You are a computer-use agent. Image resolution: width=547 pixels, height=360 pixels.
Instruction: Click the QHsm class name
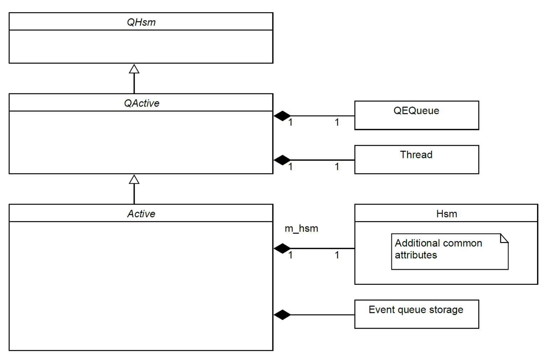[x=141, y=22]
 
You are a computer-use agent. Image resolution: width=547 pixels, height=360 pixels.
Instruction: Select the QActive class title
[x=141, y=103]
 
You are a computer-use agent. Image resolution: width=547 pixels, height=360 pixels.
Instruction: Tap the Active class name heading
[x=141, y=214]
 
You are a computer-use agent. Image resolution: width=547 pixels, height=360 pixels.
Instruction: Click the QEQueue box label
[x=416, y=110]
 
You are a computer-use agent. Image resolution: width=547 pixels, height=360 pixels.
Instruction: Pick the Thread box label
[x=416, y=155]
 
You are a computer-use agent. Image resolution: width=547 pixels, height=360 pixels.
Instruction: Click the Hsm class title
[x=446, y=214]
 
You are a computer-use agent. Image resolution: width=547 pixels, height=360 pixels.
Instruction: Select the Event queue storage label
[x=416, y=309]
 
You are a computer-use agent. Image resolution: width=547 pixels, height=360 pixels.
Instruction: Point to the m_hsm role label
[x=301, y=228]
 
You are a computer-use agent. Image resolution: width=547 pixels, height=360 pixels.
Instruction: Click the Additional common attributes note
[x=438, y=249]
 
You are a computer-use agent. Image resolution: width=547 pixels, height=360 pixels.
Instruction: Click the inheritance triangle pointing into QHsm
[x=134, y=69]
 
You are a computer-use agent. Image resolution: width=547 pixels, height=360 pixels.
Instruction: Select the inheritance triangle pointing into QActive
[x=134, y=180]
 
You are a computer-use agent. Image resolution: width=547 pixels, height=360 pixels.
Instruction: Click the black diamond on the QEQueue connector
[x=282, y=116]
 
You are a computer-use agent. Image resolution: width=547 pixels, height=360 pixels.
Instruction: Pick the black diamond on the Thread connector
[x=282, y=160]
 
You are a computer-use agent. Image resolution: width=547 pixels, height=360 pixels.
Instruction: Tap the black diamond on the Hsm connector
[x=282, y=248]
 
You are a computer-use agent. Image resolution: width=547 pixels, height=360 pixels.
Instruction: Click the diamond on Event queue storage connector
[x=282, y=315]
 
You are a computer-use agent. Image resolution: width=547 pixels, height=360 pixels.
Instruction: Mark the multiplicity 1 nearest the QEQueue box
[x=337, y=123]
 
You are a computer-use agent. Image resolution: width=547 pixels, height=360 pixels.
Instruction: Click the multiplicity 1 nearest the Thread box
[x=337, y=167]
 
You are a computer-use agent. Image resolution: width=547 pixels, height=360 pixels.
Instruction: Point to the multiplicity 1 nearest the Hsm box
[x=337, y=255]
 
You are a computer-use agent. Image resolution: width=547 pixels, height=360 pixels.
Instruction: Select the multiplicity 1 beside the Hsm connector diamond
[x=291, y=255]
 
